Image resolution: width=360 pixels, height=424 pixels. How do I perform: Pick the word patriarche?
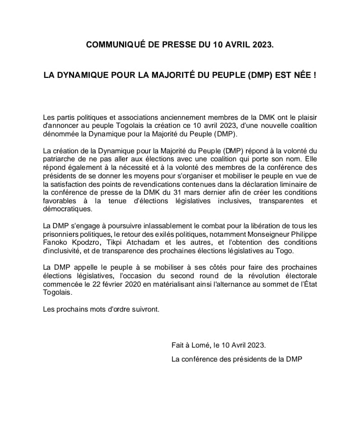62,159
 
